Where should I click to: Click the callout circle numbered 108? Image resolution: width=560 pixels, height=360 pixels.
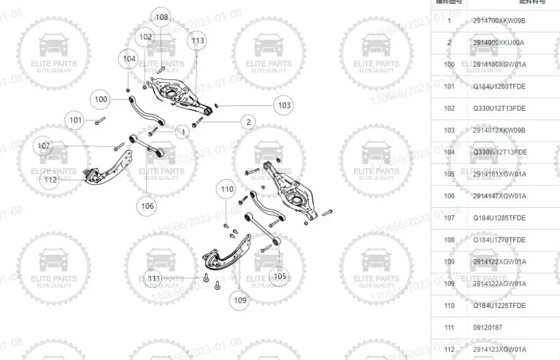click(x=162, y=17)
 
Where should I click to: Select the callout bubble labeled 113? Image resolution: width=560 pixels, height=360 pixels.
click(x=198, y=41)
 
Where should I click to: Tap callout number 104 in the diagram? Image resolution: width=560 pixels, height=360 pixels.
click(x=129, y=58)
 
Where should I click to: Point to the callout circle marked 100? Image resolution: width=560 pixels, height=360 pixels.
click(x=101, y=100)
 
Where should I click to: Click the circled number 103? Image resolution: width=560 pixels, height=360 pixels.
click(x=284, y=105)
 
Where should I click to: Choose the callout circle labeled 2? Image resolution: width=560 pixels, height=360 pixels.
click(x=248, y=121)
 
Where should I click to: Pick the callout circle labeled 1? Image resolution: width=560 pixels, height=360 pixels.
click(x=183, y=132)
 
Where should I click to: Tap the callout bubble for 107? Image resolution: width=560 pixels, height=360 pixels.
click(x=44, y=146)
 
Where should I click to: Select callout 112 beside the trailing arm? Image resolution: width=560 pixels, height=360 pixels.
click(x=51, y=180)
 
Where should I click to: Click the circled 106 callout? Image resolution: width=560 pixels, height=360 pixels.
click(x=147, y=206)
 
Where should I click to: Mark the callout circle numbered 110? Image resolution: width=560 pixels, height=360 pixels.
click(x=227, y=189)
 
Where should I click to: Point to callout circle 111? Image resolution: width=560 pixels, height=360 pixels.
click(x=155, y=278)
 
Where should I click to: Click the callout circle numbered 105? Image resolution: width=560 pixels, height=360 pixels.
click(x=279, y=276)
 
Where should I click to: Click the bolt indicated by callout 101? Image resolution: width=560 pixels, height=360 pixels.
click(x=100, y=120)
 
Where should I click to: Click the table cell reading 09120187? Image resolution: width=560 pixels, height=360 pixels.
click(x=487, y=328)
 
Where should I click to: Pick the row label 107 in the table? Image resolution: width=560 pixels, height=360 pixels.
click(x=449, y=218)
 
